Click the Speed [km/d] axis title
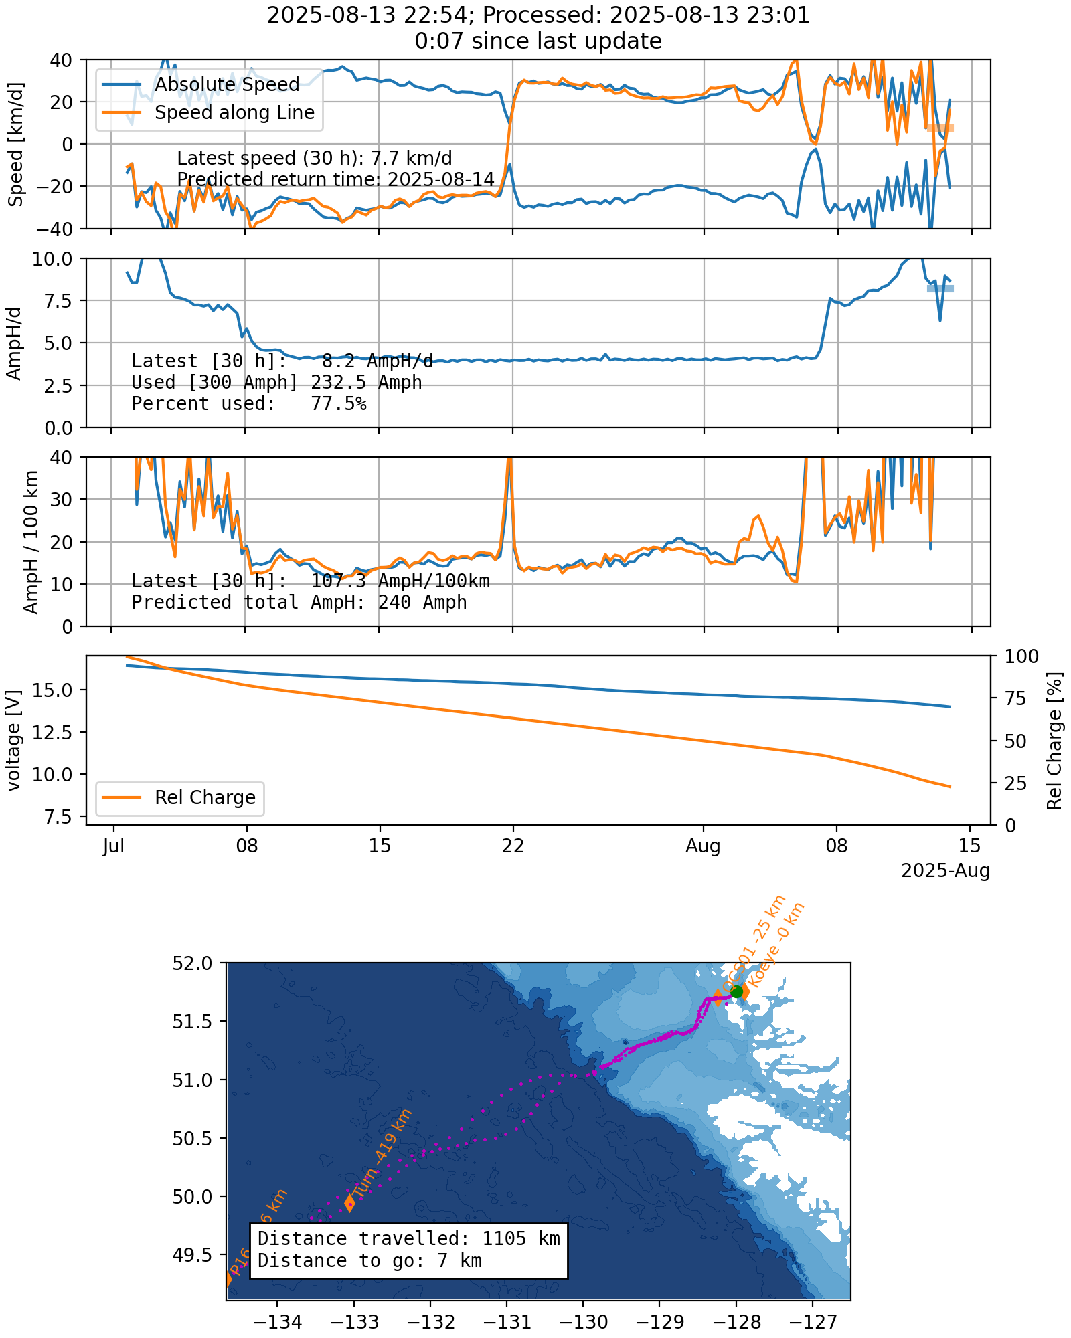click(16, 144)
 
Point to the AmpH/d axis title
click(15, 343)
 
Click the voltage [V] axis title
click(15, 740)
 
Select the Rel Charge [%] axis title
click(1054, 740)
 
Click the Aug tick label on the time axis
click(703, 846)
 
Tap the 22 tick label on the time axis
click(513, 846)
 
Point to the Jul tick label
click(114, 846)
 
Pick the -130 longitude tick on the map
click(583, 1322)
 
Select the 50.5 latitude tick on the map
click(192, 1138)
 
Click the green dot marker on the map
click(737, 991)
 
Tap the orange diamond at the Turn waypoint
click(349, 1203)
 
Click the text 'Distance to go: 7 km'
click(369, 1260)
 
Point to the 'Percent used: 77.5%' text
click(248, 403)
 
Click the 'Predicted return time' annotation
click(335, 179)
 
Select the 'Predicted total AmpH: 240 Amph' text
click(299, 602)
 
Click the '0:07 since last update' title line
click(538, 41)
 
